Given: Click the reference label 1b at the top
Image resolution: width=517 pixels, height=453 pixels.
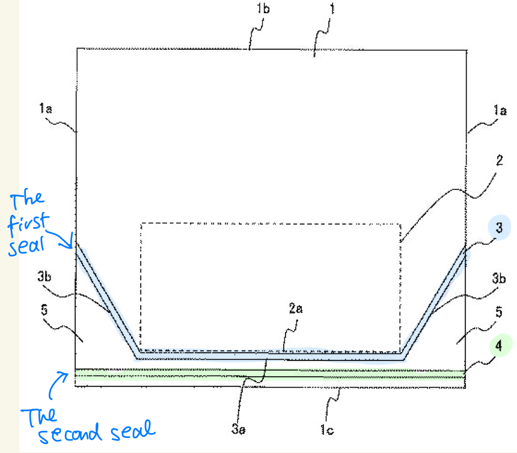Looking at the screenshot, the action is [x=263, y=8].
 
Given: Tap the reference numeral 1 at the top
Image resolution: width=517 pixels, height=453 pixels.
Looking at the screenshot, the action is [x=332, y=8].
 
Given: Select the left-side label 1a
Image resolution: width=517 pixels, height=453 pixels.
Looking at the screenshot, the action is [x=46, y=108].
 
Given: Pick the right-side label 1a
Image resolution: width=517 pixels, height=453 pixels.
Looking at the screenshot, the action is [x=500, y=110].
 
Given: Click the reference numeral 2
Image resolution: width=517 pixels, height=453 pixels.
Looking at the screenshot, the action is [x=500, y=160].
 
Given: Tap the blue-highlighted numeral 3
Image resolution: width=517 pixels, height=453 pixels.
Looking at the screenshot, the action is [x=499, y=227].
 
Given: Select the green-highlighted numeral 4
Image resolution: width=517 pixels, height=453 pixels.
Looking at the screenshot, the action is [x=499, y=345].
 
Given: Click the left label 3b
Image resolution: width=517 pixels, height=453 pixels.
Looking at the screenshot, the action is [x=44, y=276].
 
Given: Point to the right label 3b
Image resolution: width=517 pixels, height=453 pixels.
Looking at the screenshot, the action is [x=499, y=278].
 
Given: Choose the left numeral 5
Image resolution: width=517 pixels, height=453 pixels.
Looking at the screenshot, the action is [x=44, y=309].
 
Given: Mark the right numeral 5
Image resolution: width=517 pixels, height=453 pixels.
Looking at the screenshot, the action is [x=499, y=312].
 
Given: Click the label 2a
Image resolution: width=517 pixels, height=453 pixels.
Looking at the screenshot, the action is [x=295, y=308].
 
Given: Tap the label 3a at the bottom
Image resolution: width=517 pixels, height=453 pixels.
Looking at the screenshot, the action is [x=238, y=428].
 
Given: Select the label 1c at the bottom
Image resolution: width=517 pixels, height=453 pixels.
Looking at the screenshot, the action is [x=327, y=430].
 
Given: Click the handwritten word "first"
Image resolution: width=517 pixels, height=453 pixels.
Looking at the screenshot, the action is [x=28, y=224].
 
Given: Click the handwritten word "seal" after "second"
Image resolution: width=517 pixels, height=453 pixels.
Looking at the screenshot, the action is [x=132, y=430].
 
